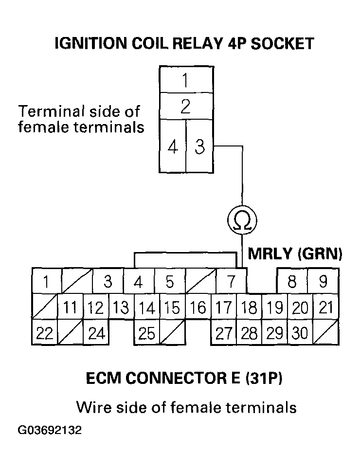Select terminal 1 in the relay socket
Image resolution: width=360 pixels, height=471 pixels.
coord(185,80)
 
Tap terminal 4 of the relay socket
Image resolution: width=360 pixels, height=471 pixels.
coord(173,147)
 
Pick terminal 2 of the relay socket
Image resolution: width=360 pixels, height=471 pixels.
coord(185,107)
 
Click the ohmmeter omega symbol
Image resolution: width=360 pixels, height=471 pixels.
coord(242,220)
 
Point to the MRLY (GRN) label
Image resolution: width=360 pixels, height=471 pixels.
coord(295,254)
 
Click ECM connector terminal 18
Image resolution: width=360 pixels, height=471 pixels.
coord(250,308)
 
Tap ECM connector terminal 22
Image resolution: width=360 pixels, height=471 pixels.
coord(45,333)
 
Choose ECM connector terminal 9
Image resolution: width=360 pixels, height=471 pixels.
coord(323,282)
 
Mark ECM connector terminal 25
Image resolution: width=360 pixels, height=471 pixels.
coord(146,333)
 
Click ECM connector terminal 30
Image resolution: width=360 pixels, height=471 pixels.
coord(301,333)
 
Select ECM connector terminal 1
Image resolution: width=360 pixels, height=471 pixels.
coord(46,282)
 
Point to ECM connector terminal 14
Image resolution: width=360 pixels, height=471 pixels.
coord(146,308)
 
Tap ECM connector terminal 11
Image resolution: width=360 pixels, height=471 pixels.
coord(71,308)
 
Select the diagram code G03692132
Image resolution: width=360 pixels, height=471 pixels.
coord(50,431)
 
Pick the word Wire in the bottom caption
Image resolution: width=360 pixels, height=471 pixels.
coord(92,406)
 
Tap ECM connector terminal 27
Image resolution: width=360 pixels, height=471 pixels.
coord(223,333)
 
